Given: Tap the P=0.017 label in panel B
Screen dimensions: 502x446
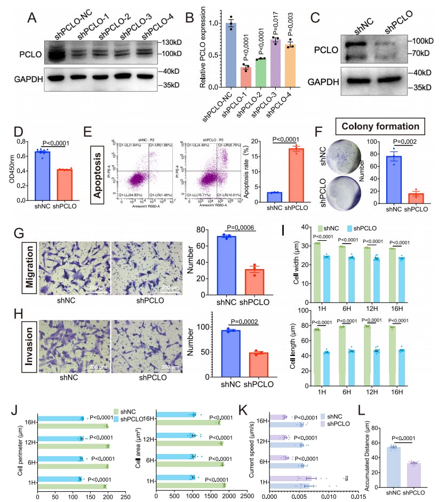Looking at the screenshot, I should coord(276,21).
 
